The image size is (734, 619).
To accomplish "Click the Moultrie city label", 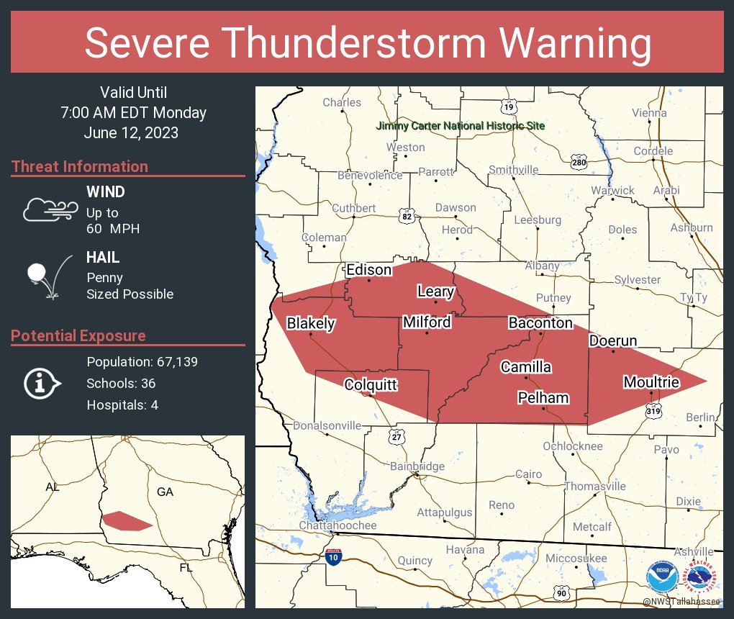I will point(651,382).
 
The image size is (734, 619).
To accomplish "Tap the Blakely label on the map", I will point(311,323).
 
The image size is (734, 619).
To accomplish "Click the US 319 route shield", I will point(653,410).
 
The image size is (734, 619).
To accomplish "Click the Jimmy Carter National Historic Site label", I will point(461,126).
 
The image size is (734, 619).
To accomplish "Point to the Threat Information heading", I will point(79,166).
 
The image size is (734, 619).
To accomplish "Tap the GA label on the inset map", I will point(165,492).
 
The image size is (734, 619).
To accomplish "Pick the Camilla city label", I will point(526,367).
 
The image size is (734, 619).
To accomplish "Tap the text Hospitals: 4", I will point(122,405).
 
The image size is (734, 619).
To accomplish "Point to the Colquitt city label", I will point(371,385).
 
